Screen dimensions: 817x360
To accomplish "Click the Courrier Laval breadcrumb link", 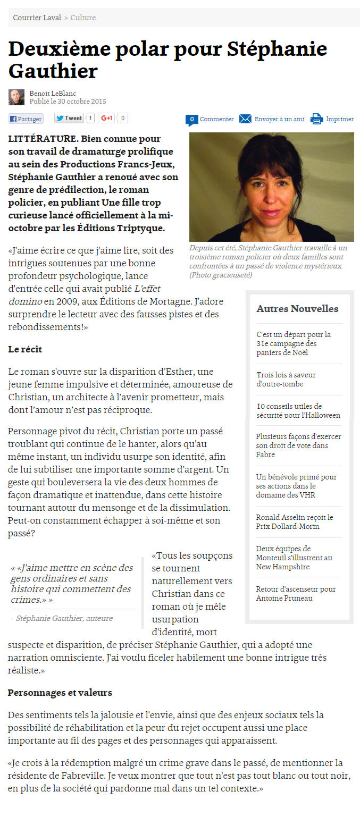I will click(37, 18).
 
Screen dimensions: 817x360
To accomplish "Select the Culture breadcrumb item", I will click(83, 18).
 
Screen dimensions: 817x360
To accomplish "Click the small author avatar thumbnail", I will click(16, 97).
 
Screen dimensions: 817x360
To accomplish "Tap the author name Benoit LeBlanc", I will click(53, 94).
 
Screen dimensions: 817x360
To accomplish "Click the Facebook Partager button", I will click(26, 119).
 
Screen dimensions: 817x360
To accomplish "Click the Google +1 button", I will click(107, 119).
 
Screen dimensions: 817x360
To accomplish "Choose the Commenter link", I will click(216, 119).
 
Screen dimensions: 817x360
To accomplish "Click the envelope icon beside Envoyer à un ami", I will click(245, 119).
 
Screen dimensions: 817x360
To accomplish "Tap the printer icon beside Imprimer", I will click(317, 119).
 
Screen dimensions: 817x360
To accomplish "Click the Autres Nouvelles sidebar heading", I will click(297, 309).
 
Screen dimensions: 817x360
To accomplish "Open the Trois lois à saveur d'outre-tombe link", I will click(286, 380).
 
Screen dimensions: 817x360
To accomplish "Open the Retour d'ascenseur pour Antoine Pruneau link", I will click(296, 594).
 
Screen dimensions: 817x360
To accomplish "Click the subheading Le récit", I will click(25, 349).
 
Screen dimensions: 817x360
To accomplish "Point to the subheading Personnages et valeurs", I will click(60, 693).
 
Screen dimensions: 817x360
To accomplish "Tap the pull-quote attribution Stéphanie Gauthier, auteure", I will click(64, 618).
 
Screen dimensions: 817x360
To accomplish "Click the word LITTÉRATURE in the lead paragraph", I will click(43, 139).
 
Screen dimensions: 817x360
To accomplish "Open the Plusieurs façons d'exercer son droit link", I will click(298, 445).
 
